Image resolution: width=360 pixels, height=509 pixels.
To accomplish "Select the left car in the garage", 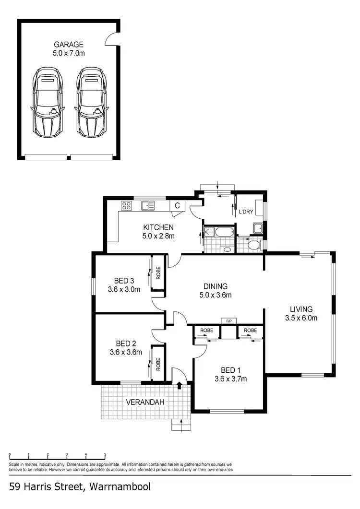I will pos(47,102).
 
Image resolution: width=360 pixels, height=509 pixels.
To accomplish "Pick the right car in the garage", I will pos(91,102).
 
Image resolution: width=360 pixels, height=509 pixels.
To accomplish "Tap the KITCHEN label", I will pos(158,227).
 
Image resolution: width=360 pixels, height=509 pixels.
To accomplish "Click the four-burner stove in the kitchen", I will pos(127,206).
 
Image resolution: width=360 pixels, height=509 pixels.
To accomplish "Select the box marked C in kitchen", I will pos(177,206).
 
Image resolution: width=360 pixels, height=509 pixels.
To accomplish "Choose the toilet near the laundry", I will pos(255,246).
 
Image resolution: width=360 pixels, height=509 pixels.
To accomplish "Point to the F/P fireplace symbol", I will pos(228,320).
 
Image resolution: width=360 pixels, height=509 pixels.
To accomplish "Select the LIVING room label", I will pos(301,309).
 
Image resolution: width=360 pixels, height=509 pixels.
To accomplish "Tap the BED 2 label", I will pos(126,343).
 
